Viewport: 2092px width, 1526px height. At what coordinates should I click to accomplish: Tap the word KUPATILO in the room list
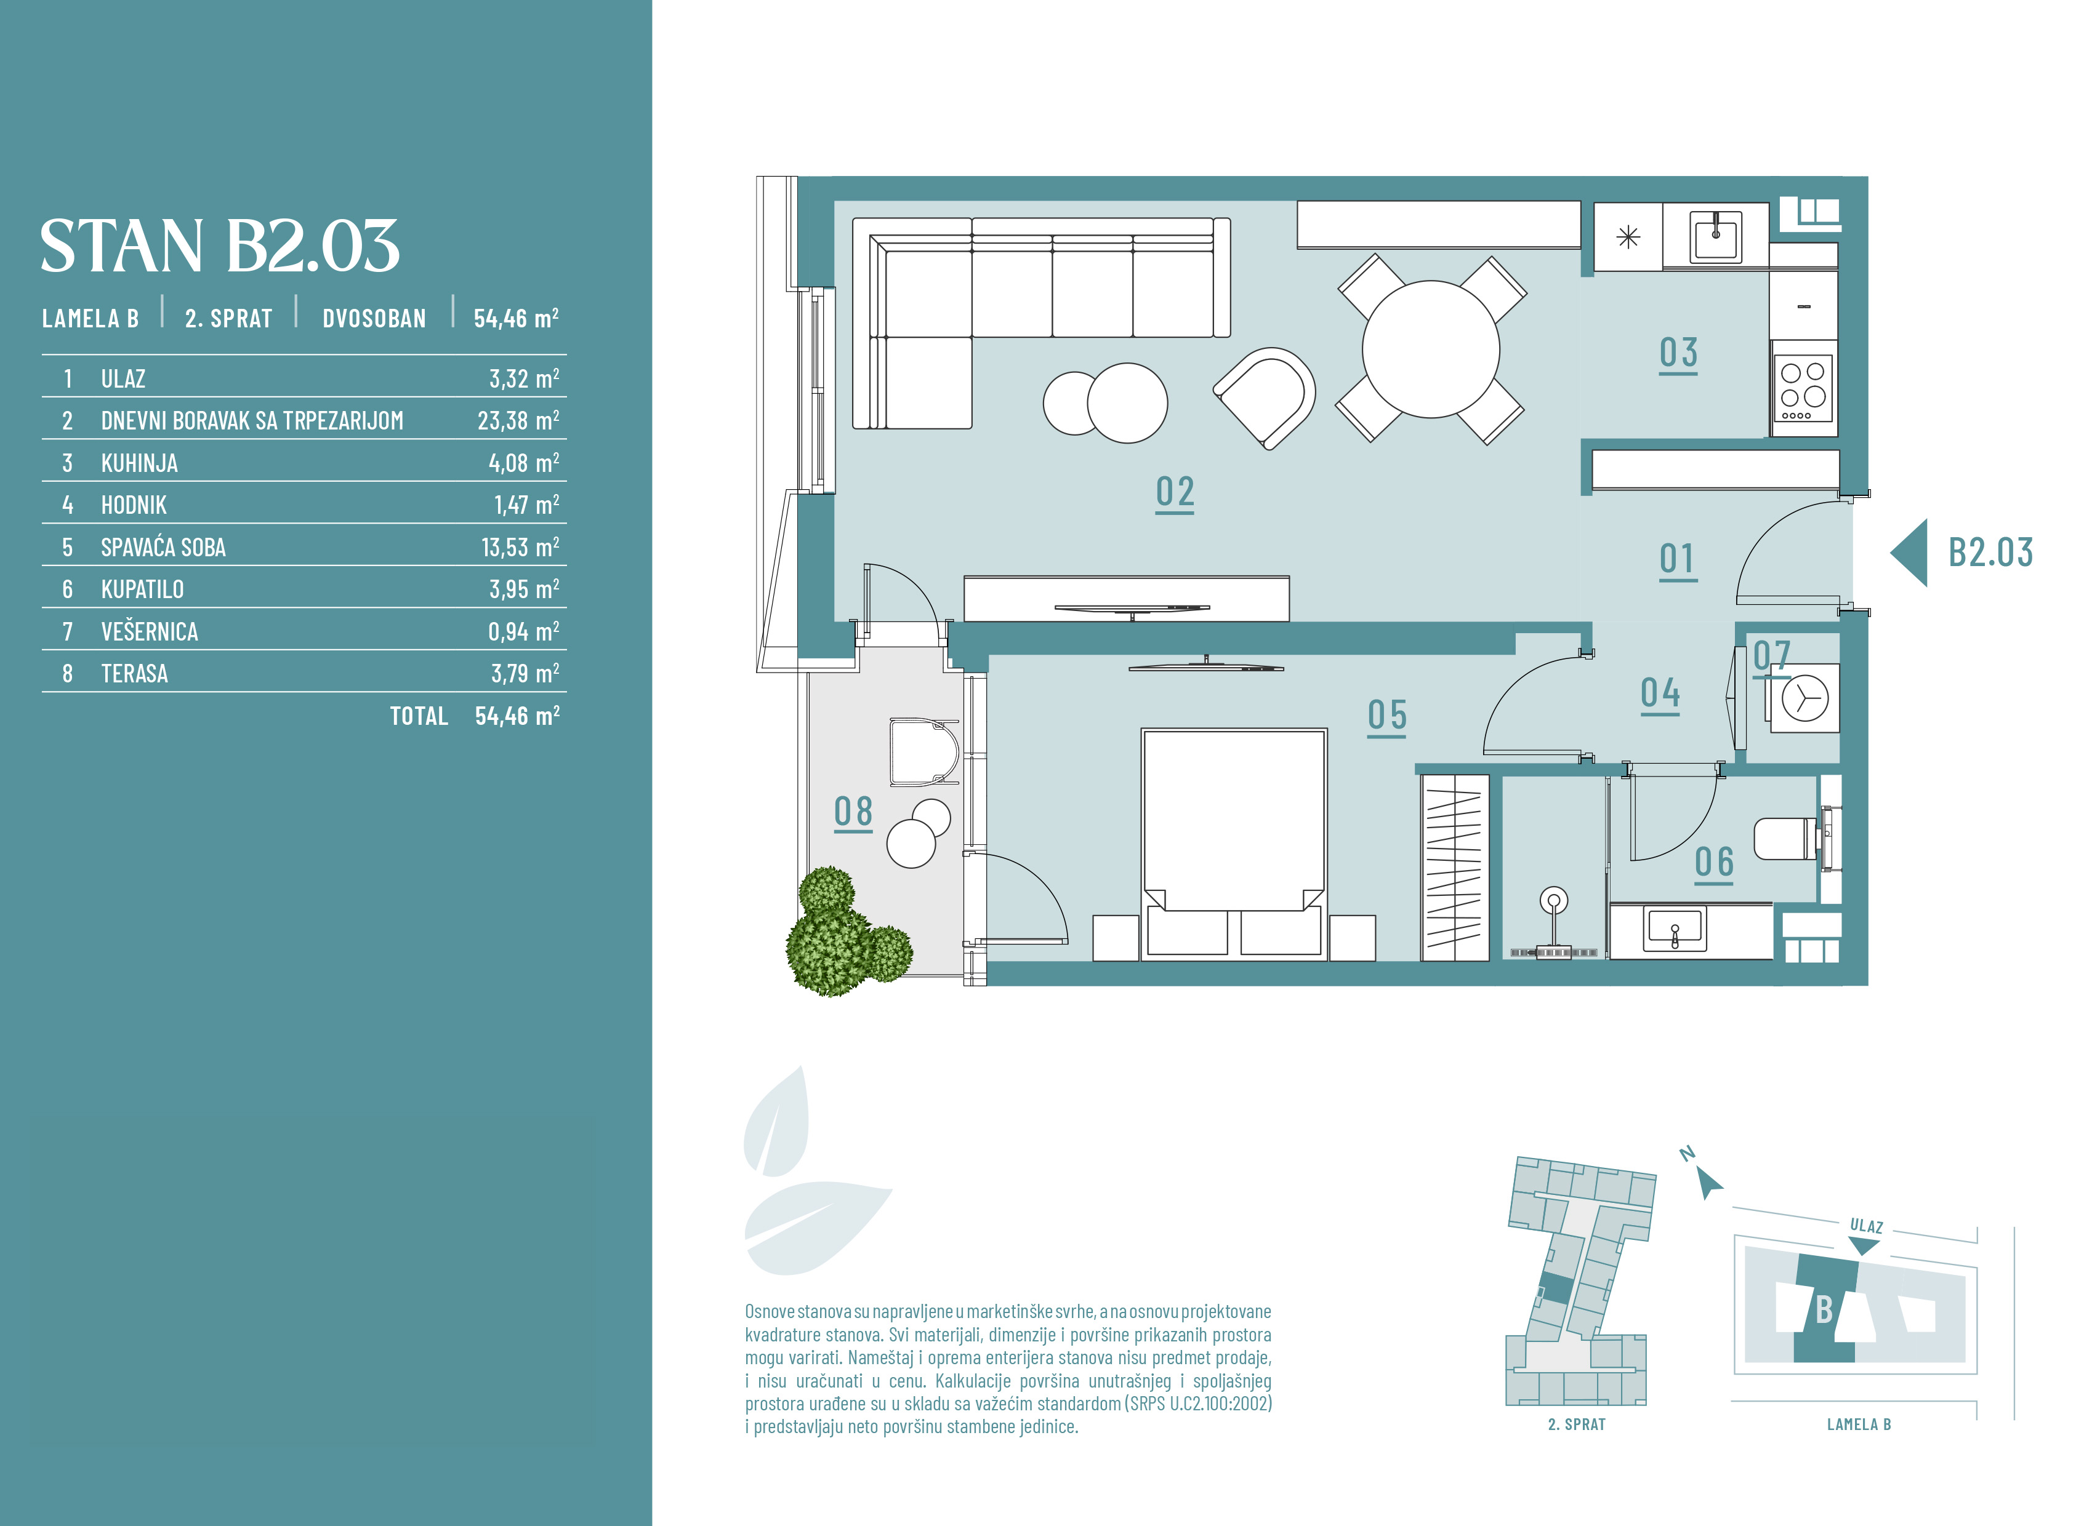[142, 589]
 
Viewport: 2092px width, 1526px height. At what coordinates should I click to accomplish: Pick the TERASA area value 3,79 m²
[525, 673]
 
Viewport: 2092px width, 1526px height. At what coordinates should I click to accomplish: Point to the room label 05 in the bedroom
[1387, 716]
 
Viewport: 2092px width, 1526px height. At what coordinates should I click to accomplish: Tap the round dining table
[1430, 349]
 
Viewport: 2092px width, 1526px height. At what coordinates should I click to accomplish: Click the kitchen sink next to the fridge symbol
[1716, 236]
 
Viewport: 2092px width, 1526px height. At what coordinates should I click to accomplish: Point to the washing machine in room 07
[1803, 699]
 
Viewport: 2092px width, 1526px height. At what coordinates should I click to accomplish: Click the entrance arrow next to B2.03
[1909, 553]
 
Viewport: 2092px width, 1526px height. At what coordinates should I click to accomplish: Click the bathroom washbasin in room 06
[1673, 930]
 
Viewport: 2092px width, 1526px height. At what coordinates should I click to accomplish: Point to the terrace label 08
[853, 813]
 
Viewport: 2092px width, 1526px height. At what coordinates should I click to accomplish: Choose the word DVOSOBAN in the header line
[374, 319]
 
